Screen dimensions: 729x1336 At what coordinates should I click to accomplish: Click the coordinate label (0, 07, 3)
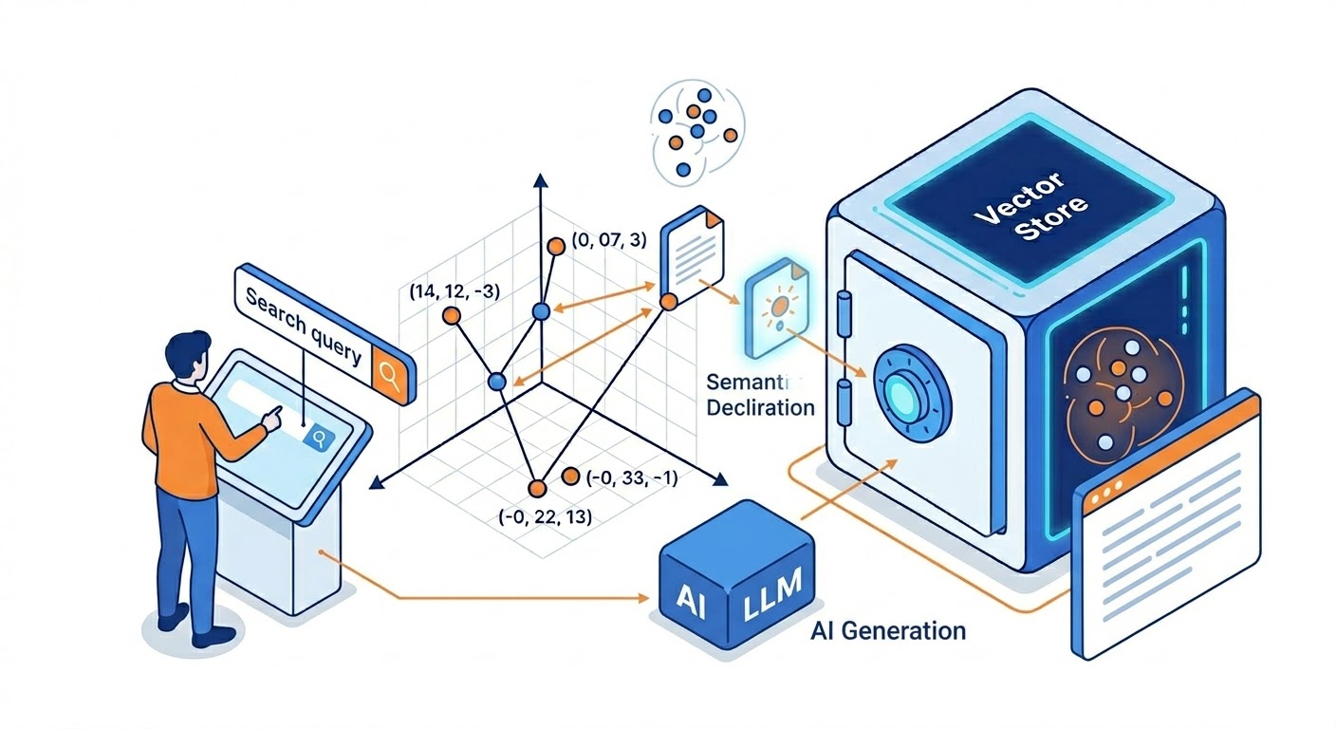pos(609,241)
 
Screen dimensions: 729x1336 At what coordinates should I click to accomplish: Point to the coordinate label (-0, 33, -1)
pos(632,478)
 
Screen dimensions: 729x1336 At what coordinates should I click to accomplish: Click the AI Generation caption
pos(889,629)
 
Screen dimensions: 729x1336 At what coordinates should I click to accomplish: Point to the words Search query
pos(304,327)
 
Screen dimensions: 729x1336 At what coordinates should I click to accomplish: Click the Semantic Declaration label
pos(760,395)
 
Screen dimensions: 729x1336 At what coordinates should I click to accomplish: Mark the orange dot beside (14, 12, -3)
pos(452,316)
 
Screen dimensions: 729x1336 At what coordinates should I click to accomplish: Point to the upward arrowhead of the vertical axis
pos(540,180)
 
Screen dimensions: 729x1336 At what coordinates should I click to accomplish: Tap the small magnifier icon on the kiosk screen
pos(320,438)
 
